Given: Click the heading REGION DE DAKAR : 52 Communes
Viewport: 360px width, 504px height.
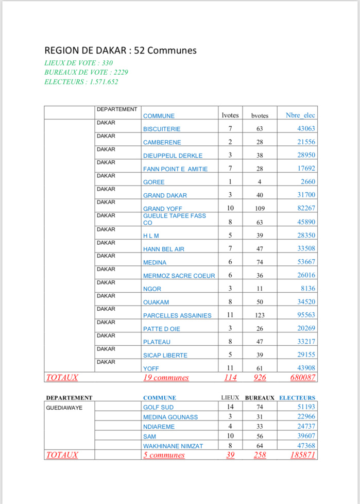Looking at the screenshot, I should point(121,51).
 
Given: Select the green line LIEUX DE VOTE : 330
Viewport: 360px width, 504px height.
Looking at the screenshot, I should point(79,63).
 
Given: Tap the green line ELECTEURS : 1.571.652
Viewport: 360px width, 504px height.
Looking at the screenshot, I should point(84,81).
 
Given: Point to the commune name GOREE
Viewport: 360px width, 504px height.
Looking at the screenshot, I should point(154,182).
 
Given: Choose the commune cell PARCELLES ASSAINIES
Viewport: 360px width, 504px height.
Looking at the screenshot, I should point(177,315).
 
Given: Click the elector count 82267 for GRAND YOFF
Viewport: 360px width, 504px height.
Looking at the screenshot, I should point(304,208).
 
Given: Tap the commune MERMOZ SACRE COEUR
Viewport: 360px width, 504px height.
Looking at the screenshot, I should point(179,276).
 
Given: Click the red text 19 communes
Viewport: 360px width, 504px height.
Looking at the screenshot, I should point(165,378).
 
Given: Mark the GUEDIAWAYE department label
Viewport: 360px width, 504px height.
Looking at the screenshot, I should point(63,407).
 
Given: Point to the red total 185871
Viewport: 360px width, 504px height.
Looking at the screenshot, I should point(303,455).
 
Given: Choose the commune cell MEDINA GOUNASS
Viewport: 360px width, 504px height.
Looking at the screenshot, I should point(170,417).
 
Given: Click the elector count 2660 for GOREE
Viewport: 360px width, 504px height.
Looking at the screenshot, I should point(308,181).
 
